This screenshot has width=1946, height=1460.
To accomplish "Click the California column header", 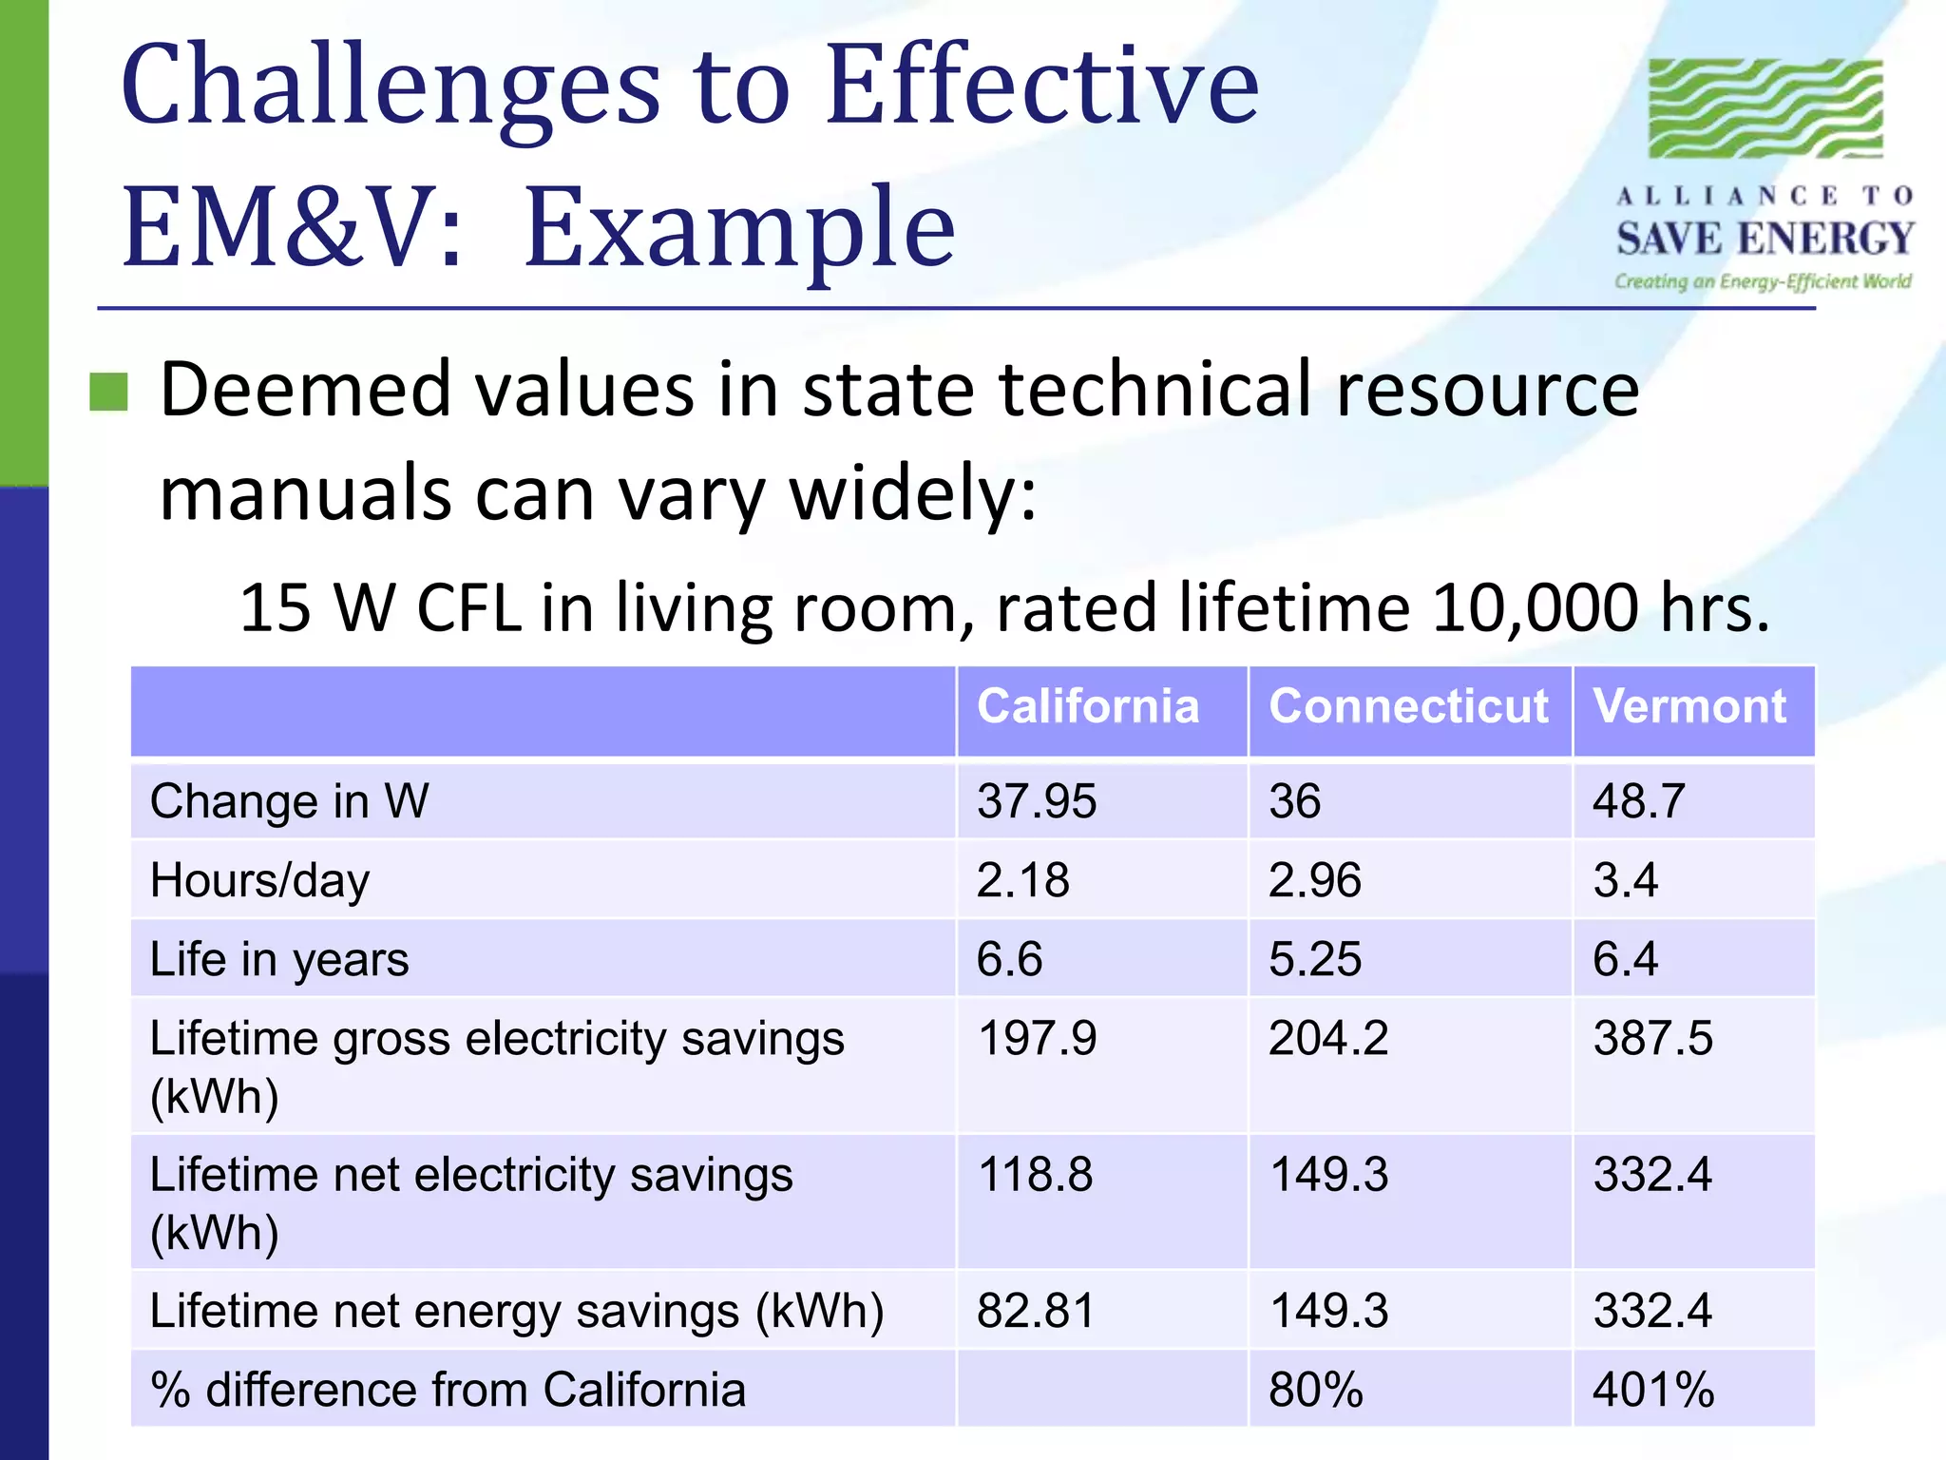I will [x=1088, y=707].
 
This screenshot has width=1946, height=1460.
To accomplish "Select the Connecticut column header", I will [x=1408, y=707].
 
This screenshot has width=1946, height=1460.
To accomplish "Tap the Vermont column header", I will [x=1689, y=707].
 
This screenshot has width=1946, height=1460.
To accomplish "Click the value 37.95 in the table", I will [x=1037, y=801].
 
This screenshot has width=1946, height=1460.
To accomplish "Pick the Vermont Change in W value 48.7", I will [x=1638, y=801].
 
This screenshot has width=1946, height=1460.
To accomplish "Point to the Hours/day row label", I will [x=260, y=880].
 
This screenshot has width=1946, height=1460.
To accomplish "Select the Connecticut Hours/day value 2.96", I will [x=1315, y=880].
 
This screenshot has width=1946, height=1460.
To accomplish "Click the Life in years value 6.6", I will [x=1009, y=959].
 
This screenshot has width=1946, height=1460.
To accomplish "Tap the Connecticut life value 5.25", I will [x=1315, y=959].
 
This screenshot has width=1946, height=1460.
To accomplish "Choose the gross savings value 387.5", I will [x=1653, y=1038].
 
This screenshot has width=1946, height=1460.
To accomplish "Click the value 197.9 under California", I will [x=1037, y=1038].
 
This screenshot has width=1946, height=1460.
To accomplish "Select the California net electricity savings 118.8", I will [x=1036, y=1175].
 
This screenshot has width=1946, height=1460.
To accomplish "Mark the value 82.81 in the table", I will [x=1036, y=1311].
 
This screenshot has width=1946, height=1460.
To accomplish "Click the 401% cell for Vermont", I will [x=1653, y=1390].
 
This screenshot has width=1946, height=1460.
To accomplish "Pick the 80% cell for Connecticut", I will [x=1316, y=1390].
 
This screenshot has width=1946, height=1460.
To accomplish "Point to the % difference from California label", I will [x=448, y=1390].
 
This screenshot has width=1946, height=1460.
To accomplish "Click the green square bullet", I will [x=108, y=392].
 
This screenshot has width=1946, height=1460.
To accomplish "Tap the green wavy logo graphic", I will [x=1765, y=108].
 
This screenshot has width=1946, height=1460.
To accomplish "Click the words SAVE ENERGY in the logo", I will [x=1765, y=239].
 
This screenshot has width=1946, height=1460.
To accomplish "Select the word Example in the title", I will [x=739, y=228].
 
